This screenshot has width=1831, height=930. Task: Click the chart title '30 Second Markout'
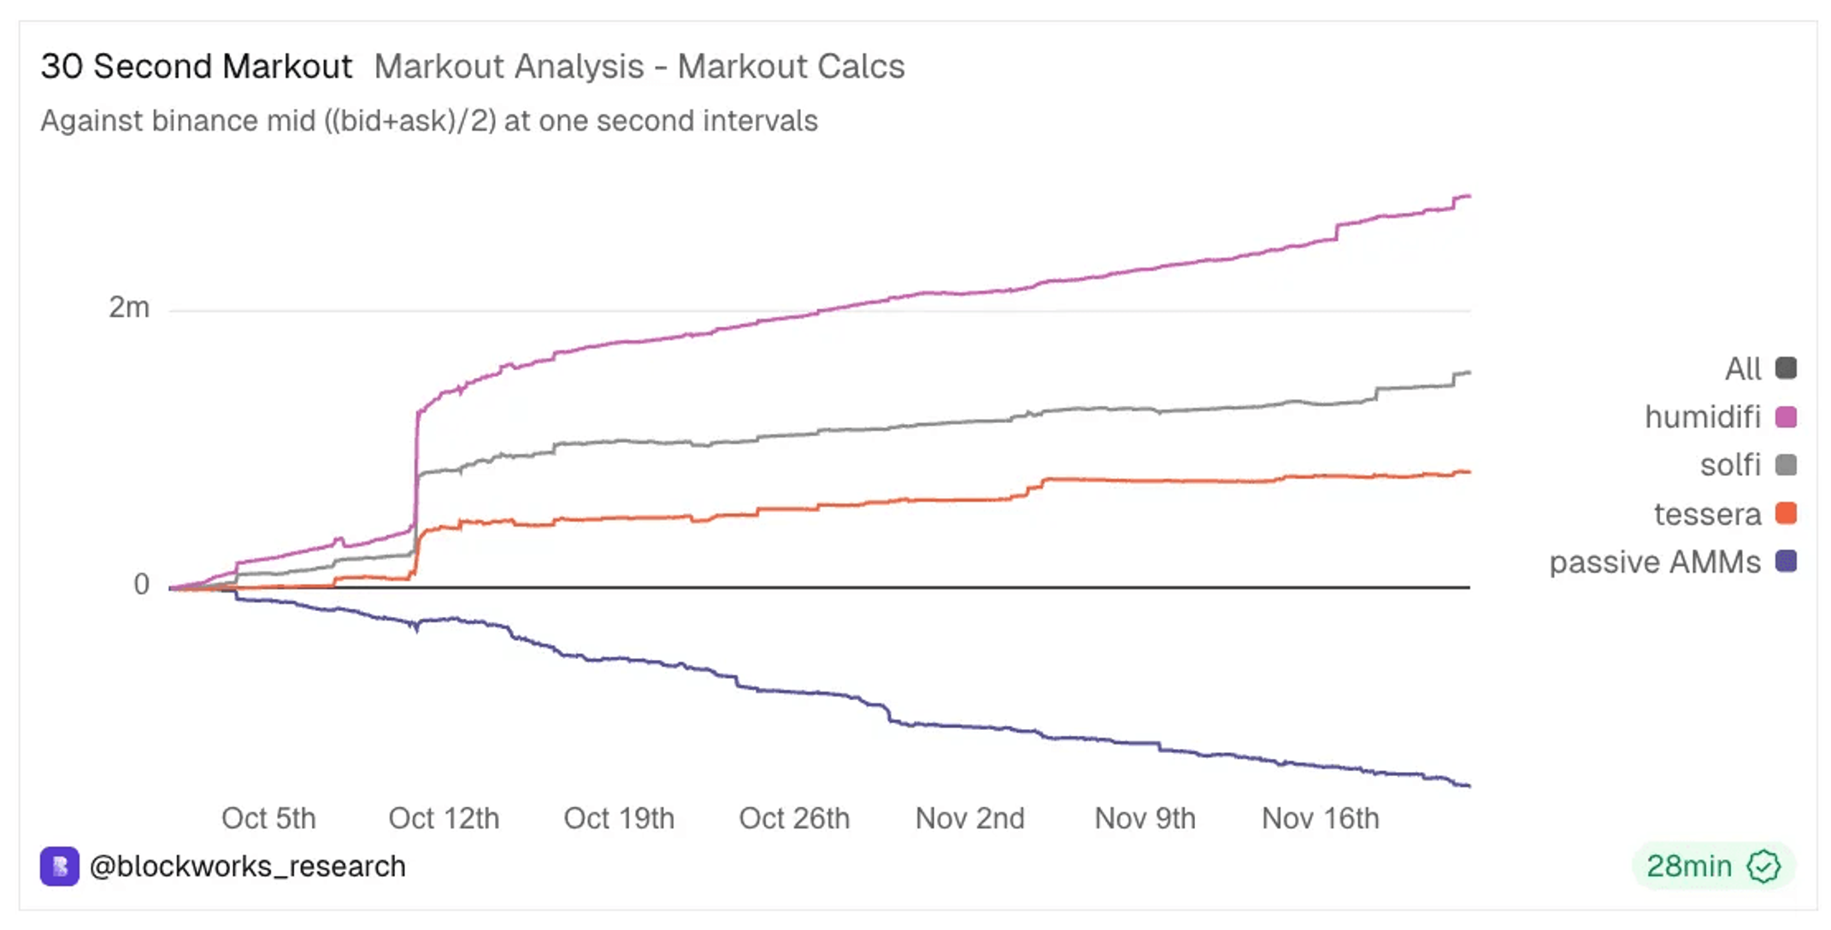coord(197,67)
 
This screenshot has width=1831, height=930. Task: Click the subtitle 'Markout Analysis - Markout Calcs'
coord(639,67)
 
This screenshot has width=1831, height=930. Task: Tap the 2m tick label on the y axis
coord(129,307)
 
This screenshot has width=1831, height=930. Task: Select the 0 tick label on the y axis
coord(142,584)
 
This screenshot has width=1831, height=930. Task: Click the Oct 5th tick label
coord(268,818)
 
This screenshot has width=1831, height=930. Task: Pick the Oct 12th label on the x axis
coord(444,818)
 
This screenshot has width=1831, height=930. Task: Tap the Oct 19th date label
coord(619,818)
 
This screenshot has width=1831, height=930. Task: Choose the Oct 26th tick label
coord(794,818)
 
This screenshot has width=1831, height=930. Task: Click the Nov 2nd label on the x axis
coord(970,818)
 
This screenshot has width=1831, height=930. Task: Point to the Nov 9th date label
coord(1145,818)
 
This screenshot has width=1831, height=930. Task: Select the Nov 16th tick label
coord(1321,818)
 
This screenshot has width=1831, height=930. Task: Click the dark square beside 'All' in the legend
coord(1786,368)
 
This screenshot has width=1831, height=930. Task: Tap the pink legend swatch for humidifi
coord(1786,417)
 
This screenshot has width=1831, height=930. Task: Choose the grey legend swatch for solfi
coord(1786,465)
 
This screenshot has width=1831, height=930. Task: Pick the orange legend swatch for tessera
coord(1786,514)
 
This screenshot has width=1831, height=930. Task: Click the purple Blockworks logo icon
coord(60,867)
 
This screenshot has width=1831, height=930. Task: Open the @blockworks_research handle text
coord(247,867)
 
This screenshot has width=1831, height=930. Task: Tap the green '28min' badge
coord(1713,866)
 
